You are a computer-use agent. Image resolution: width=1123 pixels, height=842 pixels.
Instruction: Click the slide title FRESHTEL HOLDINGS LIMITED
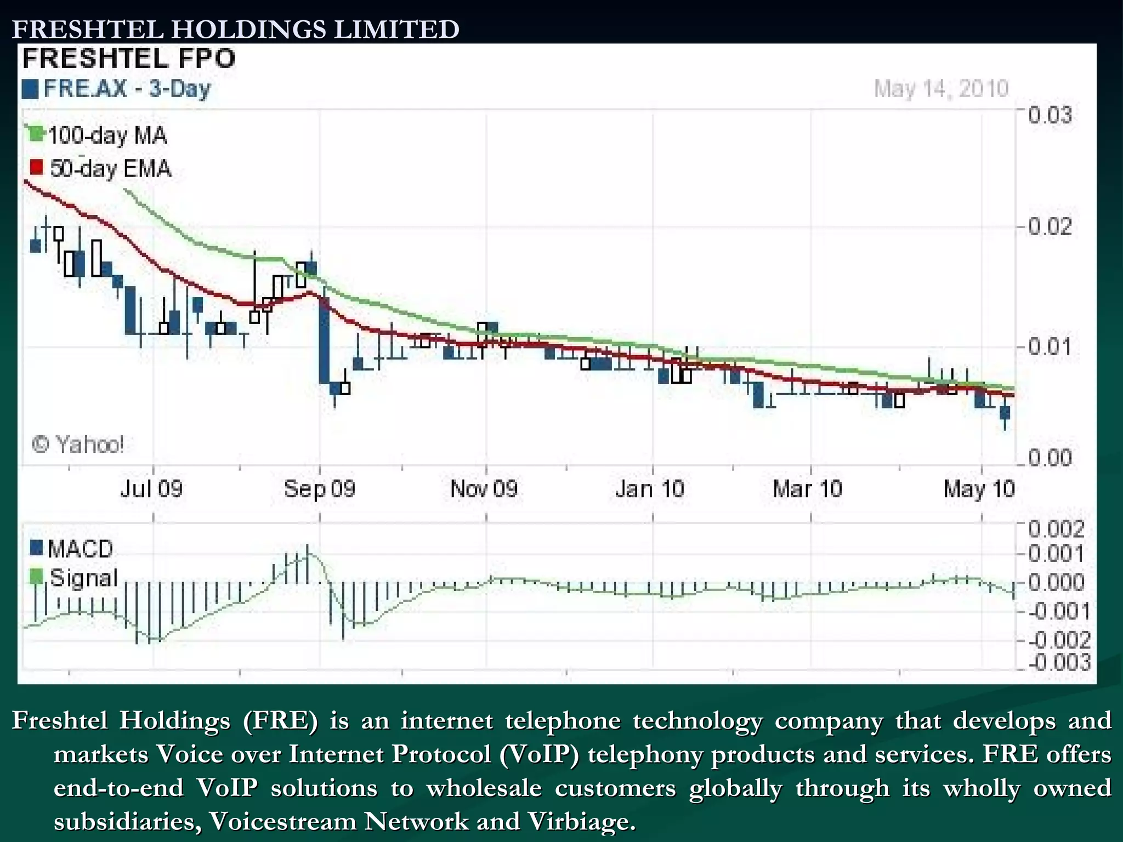[236, 30]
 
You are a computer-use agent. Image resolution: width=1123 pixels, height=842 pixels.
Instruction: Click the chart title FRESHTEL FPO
[129, 59]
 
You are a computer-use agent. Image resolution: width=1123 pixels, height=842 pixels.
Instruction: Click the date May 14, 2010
[941, 88]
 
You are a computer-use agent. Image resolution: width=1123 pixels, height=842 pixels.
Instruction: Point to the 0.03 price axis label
[1050, 116]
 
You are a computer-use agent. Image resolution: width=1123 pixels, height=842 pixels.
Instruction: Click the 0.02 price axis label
[1050, 226]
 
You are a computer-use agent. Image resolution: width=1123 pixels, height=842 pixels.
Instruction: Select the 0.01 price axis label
[1050, 347]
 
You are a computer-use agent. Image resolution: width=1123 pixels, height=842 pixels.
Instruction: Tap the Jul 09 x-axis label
[151, 488]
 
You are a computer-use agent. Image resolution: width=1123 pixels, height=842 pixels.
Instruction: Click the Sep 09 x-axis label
[320, 488]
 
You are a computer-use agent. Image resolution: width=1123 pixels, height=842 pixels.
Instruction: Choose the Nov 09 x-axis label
[484, 488]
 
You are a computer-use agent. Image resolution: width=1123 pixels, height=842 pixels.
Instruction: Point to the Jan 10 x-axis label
[650, 488]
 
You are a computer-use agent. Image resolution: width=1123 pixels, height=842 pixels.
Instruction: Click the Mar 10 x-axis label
[807, 488]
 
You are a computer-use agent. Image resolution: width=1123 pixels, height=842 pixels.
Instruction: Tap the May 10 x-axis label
[979, 488]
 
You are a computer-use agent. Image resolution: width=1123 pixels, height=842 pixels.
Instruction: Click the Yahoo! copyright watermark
[78, 444]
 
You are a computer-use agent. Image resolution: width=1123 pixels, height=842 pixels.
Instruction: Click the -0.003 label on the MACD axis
[1059, 663]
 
